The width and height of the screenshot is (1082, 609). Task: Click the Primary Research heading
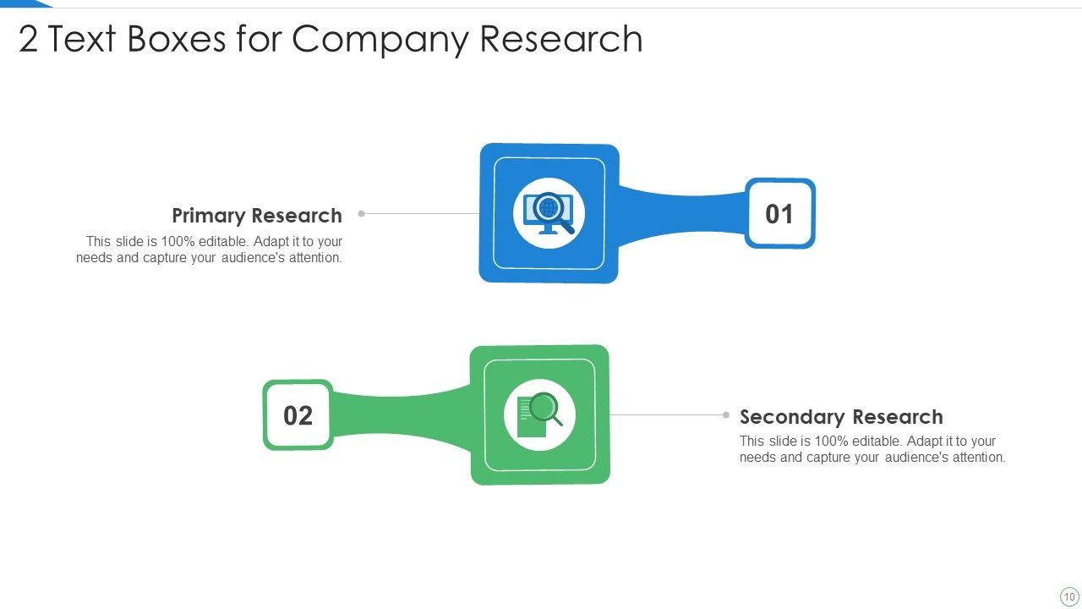pyautogui.click(x=257, y=216)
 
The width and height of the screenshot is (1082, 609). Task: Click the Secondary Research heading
pyautogui.click(x=841, y=417)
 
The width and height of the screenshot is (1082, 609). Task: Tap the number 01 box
pyautogui.click(x=779, y=214)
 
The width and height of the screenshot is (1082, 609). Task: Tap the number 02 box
pyautogui.click(x=298, y=415)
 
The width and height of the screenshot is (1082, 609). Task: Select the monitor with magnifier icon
pyautogui.click(x=549, y=213)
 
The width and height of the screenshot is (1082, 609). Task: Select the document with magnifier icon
pyautogui.click(x=539, y=415)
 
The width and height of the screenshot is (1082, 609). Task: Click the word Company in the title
pyautogui.click(x=381, y=39)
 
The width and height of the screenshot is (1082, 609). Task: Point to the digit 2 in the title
pyautogui.click(x=28, y=40)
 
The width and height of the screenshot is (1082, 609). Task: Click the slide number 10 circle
pyautogui.click(x=1069, y=596)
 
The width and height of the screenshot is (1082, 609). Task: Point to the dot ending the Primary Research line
pyautogui.click(x=362, y=214)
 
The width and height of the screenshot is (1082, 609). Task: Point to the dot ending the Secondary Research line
pyautogui.click(x=726, y=415)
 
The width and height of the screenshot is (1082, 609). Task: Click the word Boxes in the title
pyautogui.click(x=177, y=39)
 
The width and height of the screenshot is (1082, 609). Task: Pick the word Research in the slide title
pyautogui.click(x=561, y=39)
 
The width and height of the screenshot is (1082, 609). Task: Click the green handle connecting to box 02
pyautogui.click(x=402, y=414)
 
